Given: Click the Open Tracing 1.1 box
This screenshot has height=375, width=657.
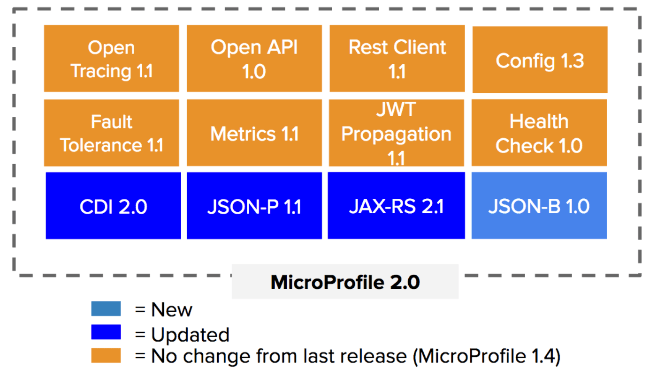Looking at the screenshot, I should (x=111, y=59).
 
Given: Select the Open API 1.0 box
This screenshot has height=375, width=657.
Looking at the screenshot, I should (x=254, y=59).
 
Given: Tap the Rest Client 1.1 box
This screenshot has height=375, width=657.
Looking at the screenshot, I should (x=397, y=59).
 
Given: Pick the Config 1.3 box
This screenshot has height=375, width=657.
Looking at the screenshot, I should (x=540, y=60).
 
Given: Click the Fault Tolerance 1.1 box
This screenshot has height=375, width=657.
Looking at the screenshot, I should (x=111, y=133).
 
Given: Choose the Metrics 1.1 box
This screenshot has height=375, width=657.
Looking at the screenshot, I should (x=254, y=133).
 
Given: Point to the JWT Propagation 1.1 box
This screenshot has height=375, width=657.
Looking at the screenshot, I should (x=397, y=133).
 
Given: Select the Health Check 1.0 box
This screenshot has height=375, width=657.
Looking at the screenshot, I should (x=539, y=133).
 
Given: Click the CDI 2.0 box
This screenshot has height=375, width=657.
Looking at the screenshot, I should (x=113, y=206).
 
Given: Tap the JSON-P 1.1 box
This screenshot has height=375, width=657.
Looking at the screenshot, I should (x=254, y=206).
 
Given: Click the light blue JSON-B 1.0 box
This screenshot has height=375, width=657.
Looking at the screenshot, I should (x=539, y=206).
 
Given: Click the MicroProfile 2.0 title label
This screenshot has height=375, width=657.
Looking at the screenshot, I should (x=345, y=282).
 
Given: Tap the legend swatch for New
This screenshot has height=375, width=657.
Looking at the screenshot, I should (x=106, y=309).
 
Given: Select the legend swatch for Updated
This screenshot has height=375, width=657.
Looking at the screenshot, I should (x=106, y=332).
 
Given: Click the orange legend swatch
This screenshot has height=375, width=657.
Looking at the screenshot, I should (x=106, y=355).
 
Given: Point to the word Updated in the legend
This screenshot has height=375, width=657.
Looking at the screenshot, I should (x=190, y=335).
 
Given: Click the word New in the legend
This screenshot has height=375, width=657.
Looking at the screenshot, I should (x=172, y=310).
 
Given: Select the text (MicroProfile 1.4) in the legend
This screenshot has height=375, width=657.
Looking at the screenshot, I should (x=486, y=357).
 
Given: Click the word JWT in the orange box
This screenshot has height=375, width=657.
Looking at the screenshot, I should (x=396, y=110).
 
